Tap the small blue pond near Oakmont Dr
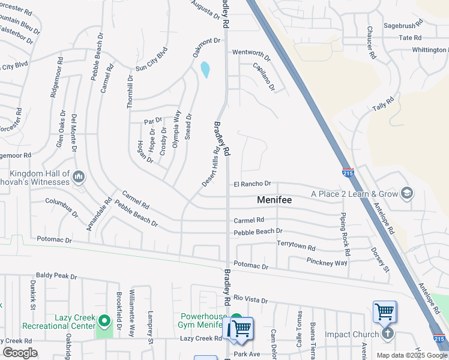click(x=205, y=70)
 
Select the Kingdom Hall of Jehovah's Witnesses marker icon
click(x=79, y=177)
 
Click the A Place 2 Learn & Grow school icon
click(x=406, y=193)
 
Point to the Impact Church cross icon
click(x=388, y=334)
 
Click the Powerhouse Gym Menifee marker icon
click(x=237, y=320)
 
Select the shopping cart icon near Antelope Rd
click(x=384, y=311)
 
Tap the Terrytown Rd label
click(x=295, y=247)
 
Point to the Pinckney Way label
click(x=327, y=263)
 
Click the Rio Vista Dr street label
click(x=250, y=298)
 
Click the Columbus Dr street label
click(x=61, y=206)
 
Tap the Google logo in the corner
click(x=20, y=353)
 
